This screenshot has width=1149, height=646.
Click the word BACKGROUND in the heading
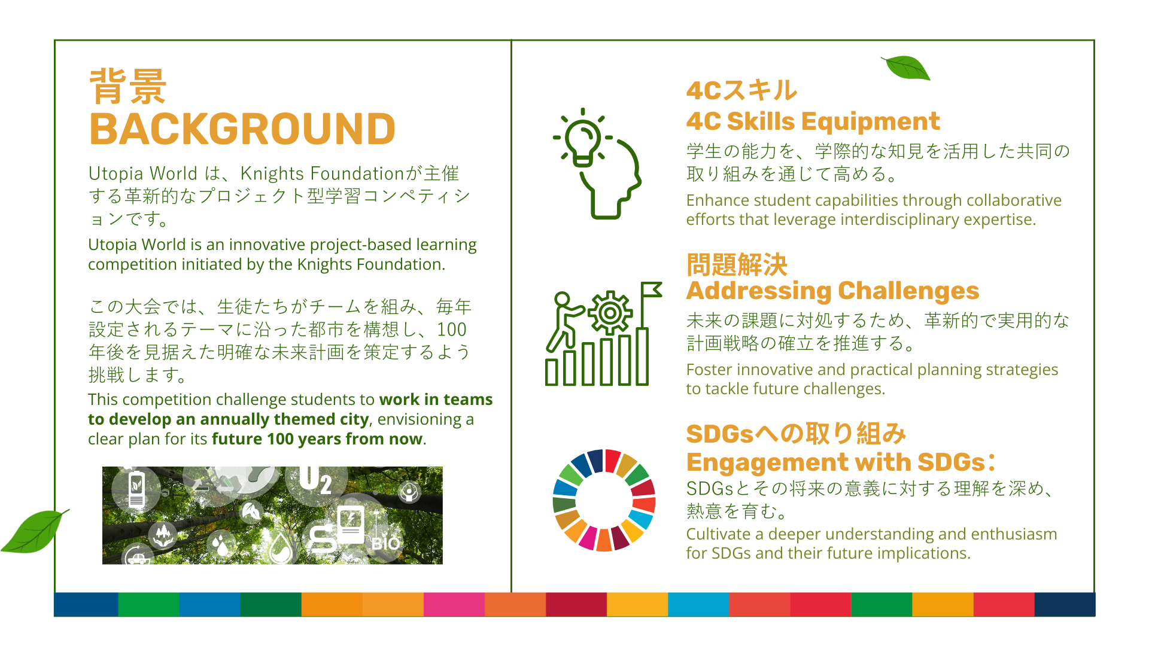[242, 129]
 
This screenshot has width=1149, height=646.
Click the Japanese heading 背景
[128, 87]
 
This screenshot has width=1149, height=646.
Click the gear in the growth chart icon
[610, 312]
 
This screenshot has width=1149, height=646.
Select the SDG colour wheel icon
[604, 500]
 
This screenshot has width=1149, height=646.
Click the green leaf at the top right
[906, 68]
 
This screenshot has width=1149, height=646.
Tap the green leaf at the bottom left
[35, 531]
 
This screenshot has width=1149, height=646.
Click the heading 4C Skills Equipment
[813, 121]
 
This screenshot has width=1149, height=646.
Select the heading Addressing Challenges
[832, 291]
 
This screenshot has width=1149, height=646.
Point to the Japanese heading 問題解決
[737, 265]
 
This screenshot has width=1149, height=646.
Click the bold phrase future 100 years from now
[317, 439]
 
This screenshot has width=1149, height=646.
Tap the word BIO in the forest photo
[385, 544]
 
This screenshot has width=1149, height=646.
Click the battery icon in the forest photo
[137, 489]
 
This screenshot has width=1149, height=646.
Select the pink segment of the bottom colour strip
[454, 605]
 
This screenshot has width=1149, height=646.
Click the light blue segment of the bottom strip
[698, 605]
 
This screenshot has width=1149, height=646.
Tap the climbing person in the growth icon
[565, 321]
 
